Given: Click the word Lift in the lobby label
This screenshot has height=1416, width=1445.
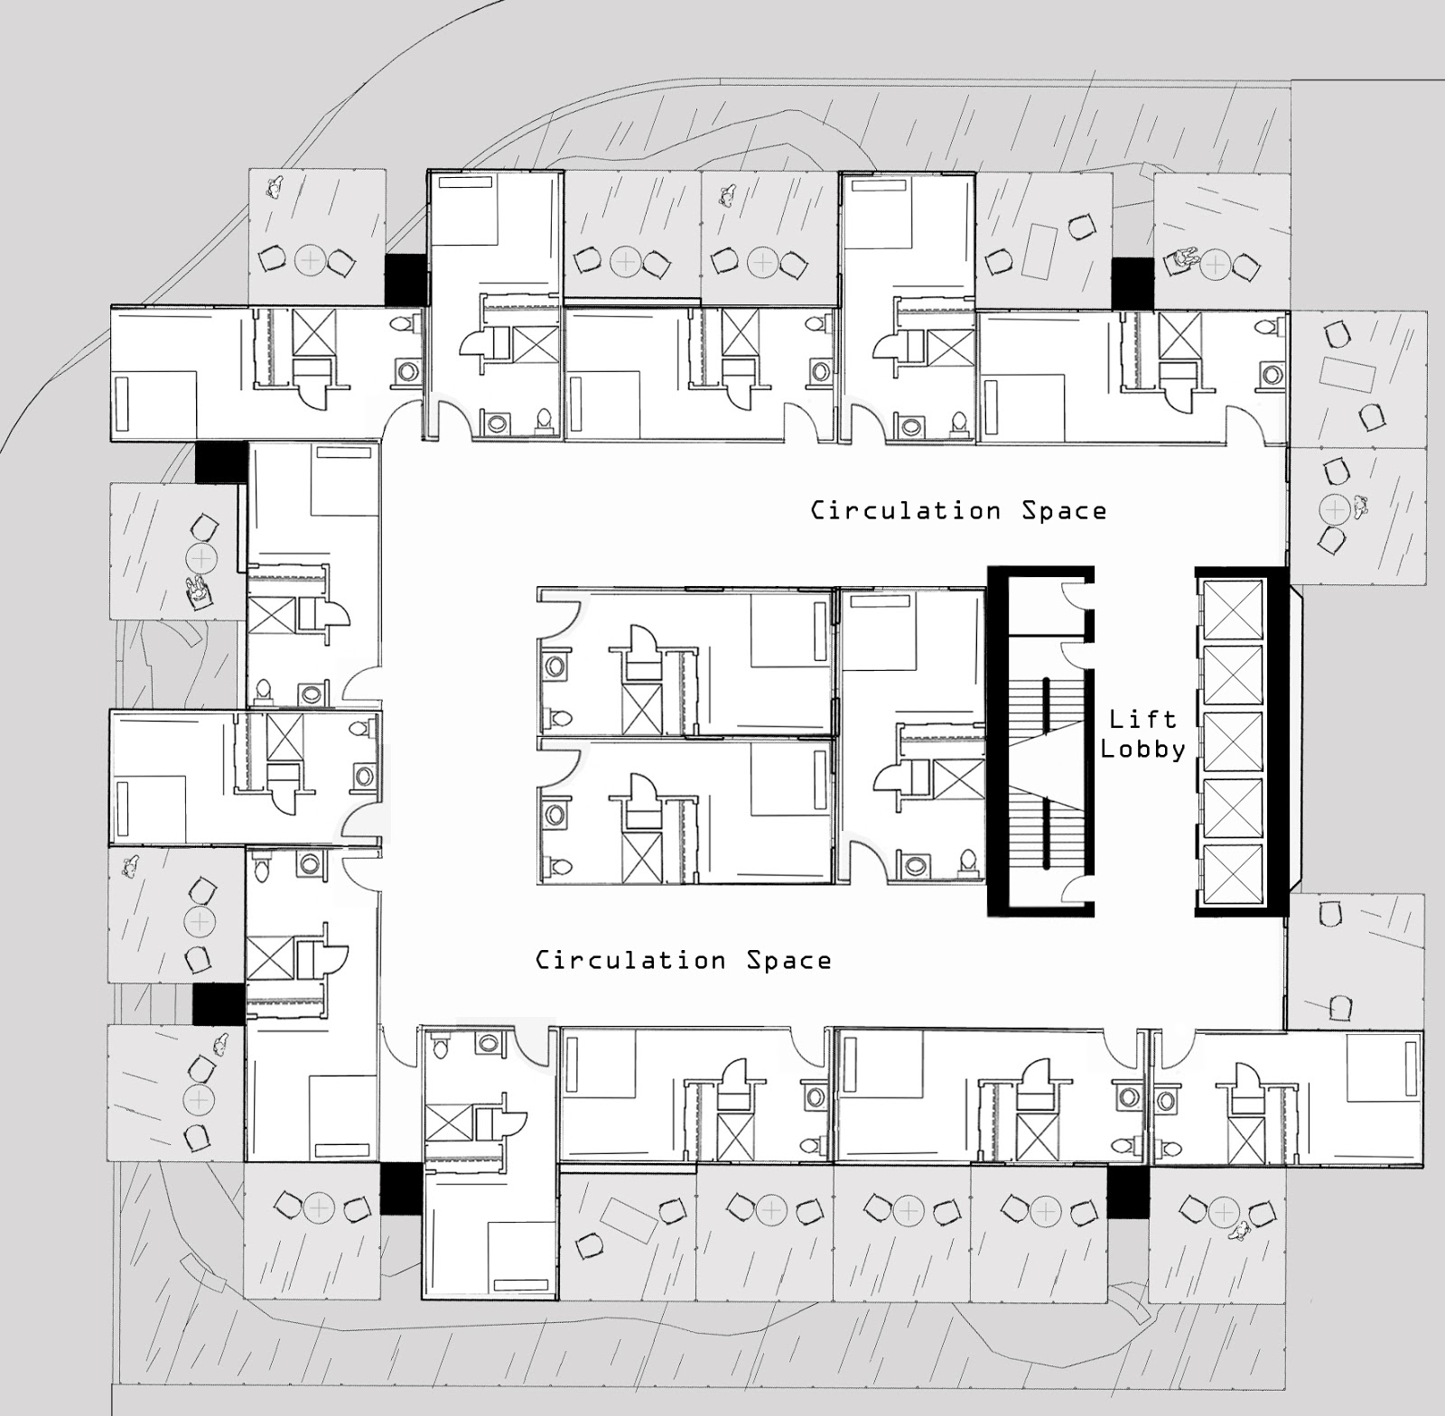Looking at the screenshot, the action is (x=1142, y=719).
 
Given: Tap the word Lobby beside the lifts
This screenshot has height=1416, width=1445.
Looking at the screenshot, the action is (x=1142, y=750).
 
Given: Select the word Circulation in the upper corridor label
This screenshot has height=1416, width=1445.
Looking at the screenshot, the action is (x=905, y=510).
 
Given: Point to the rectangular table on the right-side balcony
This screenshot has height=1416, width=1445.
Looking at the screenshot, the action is (x=1347, y=374).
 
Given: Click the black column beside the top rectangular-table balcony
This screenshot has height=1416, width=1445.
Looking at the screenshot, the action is (x=1133, y=281).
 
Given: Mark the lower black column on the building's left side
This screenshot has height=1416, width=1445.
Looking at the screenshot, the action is (x=219, y=1004).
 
